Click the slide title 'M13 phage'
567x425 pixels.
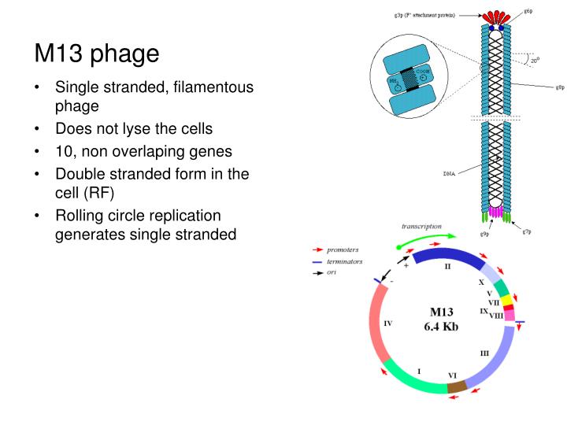pos(97,54)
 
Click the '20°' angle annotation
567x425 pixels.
pos(535,61)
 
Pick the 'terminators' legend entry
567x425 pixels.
pos(345,261)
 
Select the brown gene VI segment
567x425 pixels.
pos(457,386)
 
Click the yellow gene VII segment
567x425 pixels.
pos(507,300)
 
